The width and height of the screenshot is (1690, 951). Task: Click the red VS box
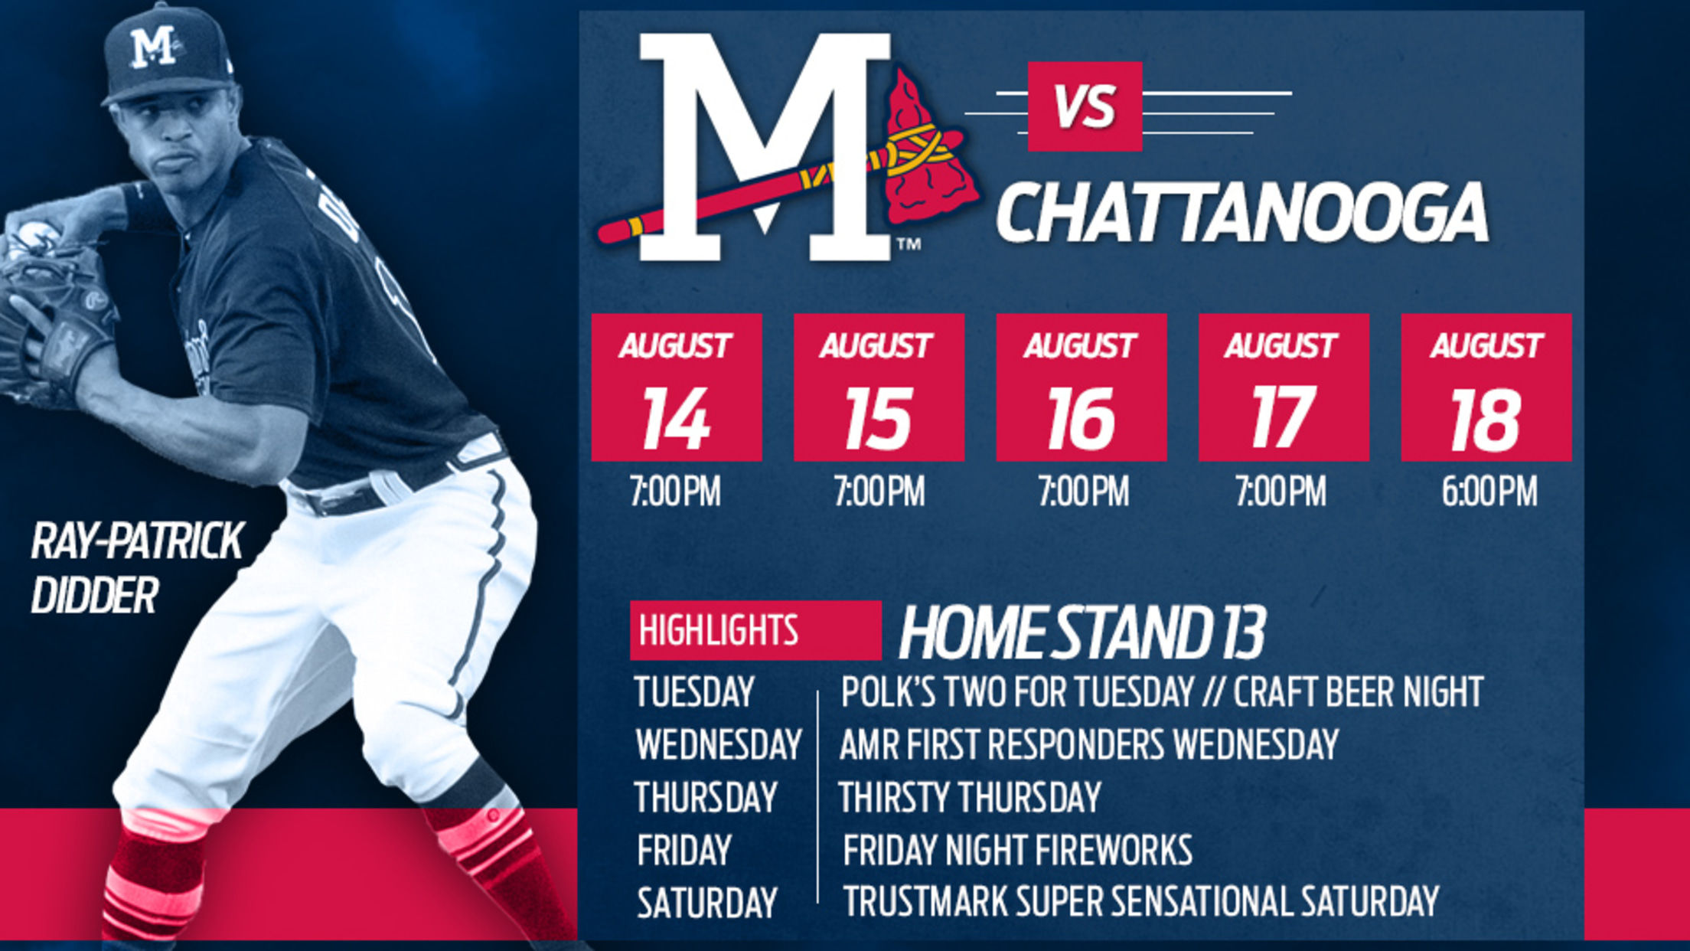pos(1085,106)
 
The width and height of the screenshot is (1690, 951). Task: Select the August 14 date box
pos(677,387)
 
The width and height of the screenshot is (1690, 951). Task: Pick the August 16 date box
pos(1082,387)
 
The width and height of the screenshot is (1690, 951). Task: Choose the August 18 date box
pos(1486,387)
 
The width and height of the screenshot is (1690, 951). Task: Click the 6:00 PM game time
pos(1489,492)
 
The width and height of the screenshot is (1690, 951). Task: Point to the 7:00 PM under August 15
pos(879,492)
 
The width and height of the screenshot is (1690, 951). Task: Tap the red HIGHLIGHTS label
pos(755,631)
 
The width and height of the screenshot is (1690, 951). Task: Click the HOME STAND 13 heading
pos(1082,632)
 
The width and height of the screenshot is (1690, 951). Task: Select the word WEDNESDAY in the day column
pos(719,744)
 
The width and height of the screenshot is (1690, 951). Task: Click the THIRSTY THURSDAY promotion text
pos(970,797)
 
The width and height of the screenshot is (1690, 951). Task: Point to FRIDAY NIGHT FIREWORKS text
pos(1017,850)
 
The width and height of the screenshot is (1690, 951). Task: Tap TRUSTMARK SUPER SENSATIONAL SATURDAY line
pos(1141,901)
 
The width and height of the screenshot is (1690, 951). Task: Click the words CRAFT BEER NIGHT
pos(1359,691)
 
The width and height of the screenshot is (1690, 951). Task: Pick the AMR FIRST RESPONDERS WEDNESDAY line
pos(1089,744)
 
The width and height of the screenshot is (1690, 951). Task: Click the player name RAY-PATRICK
pos(138,541)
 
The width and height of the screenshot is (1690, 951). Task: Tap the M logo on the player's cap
pos(153,46)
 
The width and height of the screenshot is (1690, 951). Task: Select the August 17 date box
pos(1284,387)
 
